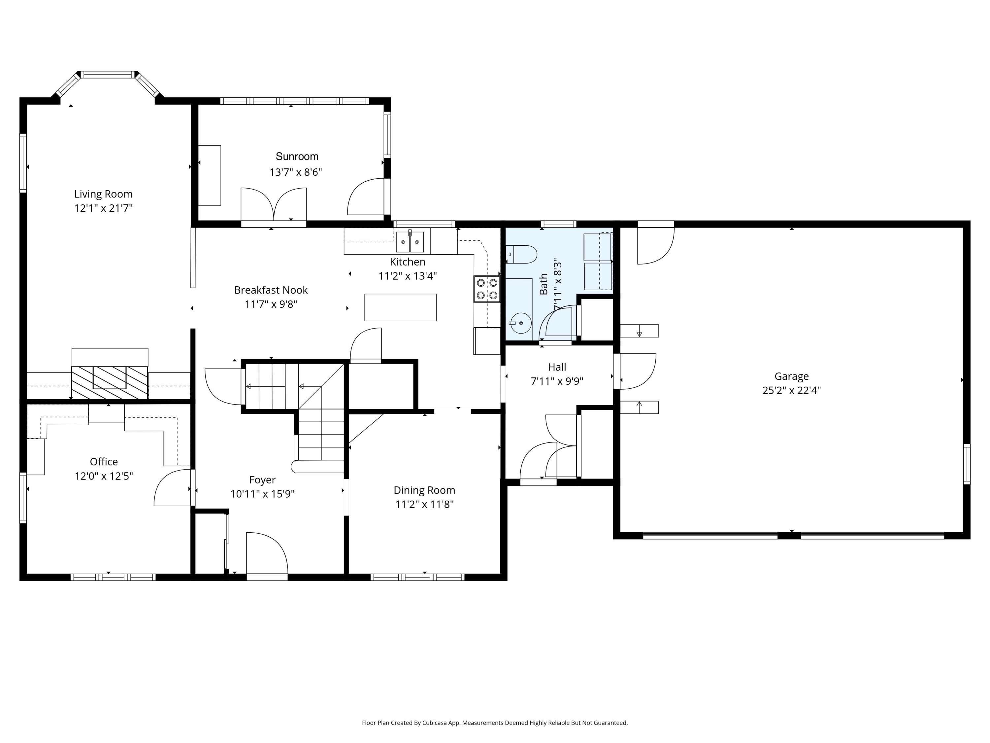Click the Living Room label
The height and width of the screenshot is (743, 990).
click(x=103, y=194)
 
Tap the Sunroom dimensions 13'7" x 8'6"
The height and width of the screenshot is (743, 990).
click(x=296, y=172)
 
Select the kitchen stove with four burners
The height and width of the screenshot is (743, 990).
click(x=487, y=289)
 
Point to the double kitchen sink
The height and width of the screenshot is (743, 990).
click(x=410, y=242)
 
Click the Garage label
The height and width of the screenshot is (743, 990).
click(x=792, y=376)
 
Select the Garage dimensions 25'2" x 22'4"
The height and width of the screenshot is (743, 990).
click(x=792, y=390)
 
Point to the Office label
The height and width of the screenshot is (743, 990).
click(x=104, y=462)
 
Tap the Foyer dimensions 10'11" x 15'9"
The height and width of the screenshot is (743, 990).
click(x=262, y=494)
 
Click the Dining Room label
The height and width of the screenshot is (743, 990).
click(x=424, y=490)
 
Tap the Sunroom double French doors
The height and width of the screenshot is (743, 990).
click(x=274, y=204)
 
